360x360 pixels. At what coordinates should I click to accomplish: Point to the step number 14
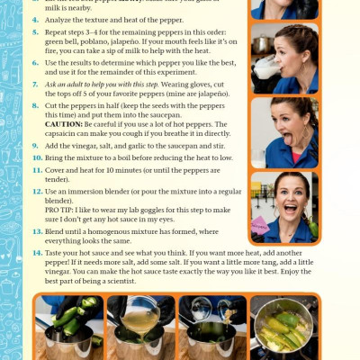pos(38,255)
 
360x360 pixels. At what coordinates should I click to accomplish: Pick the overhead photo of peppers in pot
pos(285,327)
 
